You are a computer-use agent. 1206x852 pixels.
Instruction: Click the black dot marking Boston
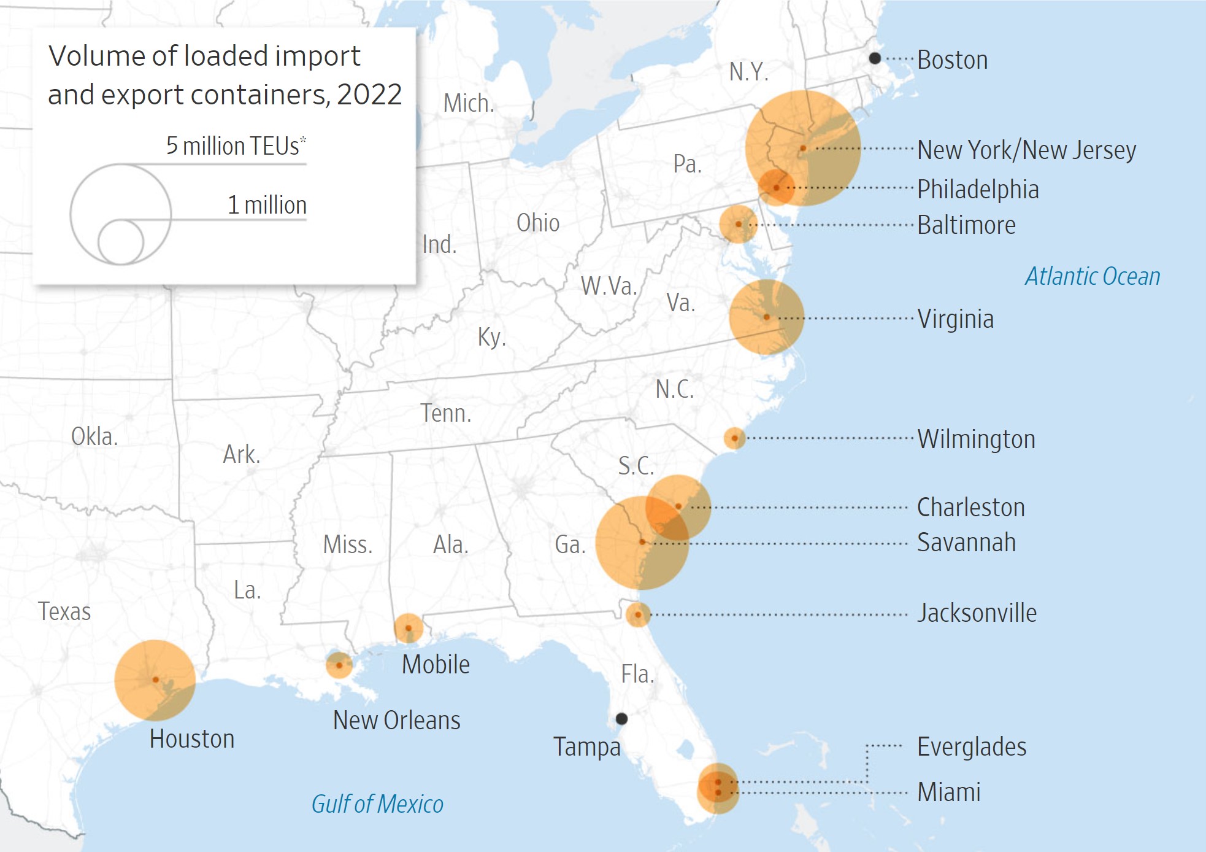[x=875, y=58]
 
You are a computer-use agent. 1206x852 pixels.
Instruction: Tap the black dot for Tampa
[x=621, y=718]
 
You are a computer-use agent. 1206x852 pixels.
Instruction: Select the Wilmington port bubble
[x=734, y=438]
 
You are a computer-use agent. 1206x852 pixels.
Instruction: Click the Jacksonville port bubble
[x=638, y=614]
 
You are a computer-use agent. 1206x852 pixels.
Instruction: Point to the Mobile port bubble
[x=408, y=628]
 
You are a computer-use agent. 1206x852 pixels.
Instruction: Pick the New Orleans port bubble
[x=339, y=665]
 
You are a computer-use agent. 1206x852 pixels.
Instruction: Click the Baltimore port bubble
[x=739, y=224]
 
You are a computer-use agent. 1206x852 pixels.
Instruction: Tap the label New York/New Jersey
[x=1026, y=150]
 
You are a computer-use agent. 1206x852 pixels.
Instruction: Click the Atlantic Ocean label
[x=1093, y=276]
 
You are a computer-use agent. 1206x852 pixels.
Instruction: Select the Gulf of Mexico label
[x=377, y=804]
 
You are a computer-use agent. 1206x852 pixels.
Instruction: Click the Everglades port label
[x=972, y=747]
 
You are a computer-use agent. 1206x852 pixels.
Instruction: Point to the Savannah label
[x=966, y=543]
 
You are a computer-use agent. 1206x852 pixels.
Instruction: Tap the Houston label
[x=192, y=739]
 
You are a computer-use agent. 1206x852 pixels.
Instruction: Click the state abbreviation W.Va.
[x=609, y=286]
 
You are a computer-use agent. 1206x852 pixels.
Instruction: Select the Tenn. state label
[x=446, y=413]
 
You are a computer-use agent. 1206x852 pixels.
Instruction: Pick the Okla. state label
[x=94, y=437]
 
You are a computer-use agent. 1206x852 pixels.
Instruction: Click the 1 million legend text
[x=267, y=205]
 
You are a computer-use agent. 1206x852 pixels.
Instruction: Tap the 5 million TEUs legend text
[x=236, y=146]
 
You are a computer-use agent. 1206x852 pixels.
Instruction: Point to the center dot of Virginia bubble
[x=767, y=317]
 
